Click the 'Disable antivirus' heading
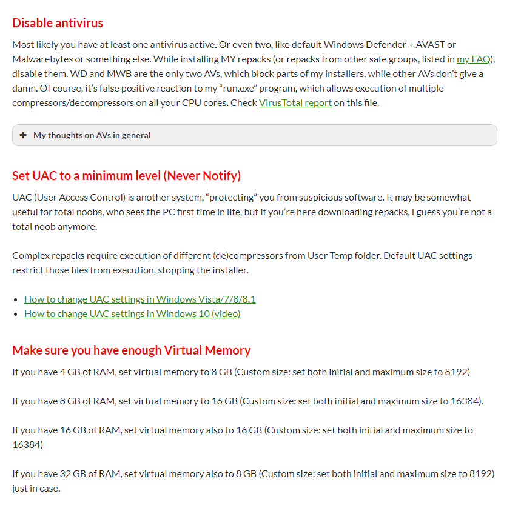point(58,23)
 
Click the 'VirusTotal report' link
point(295,102)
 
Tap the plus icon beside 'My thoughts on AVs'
point(23,135)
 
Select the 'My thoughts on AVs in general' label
point(92,135)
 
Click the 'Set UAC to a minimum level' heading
point(126,176)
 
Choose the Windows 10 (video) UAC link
point(132,313)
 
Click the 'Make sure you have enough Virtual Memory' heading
point(131,350)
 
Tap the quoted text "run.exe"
point(255,88)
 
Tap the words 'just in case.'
point(36,488)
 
